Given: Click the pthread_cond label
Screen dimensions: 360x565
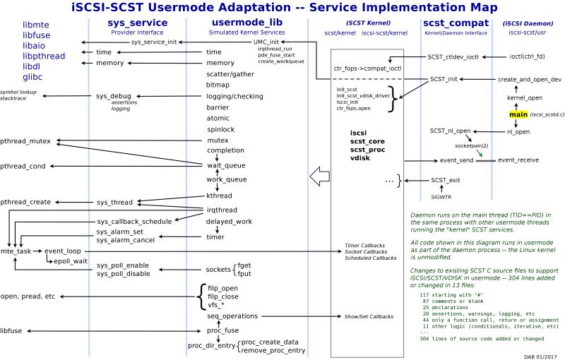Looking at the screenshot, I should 25,166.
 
